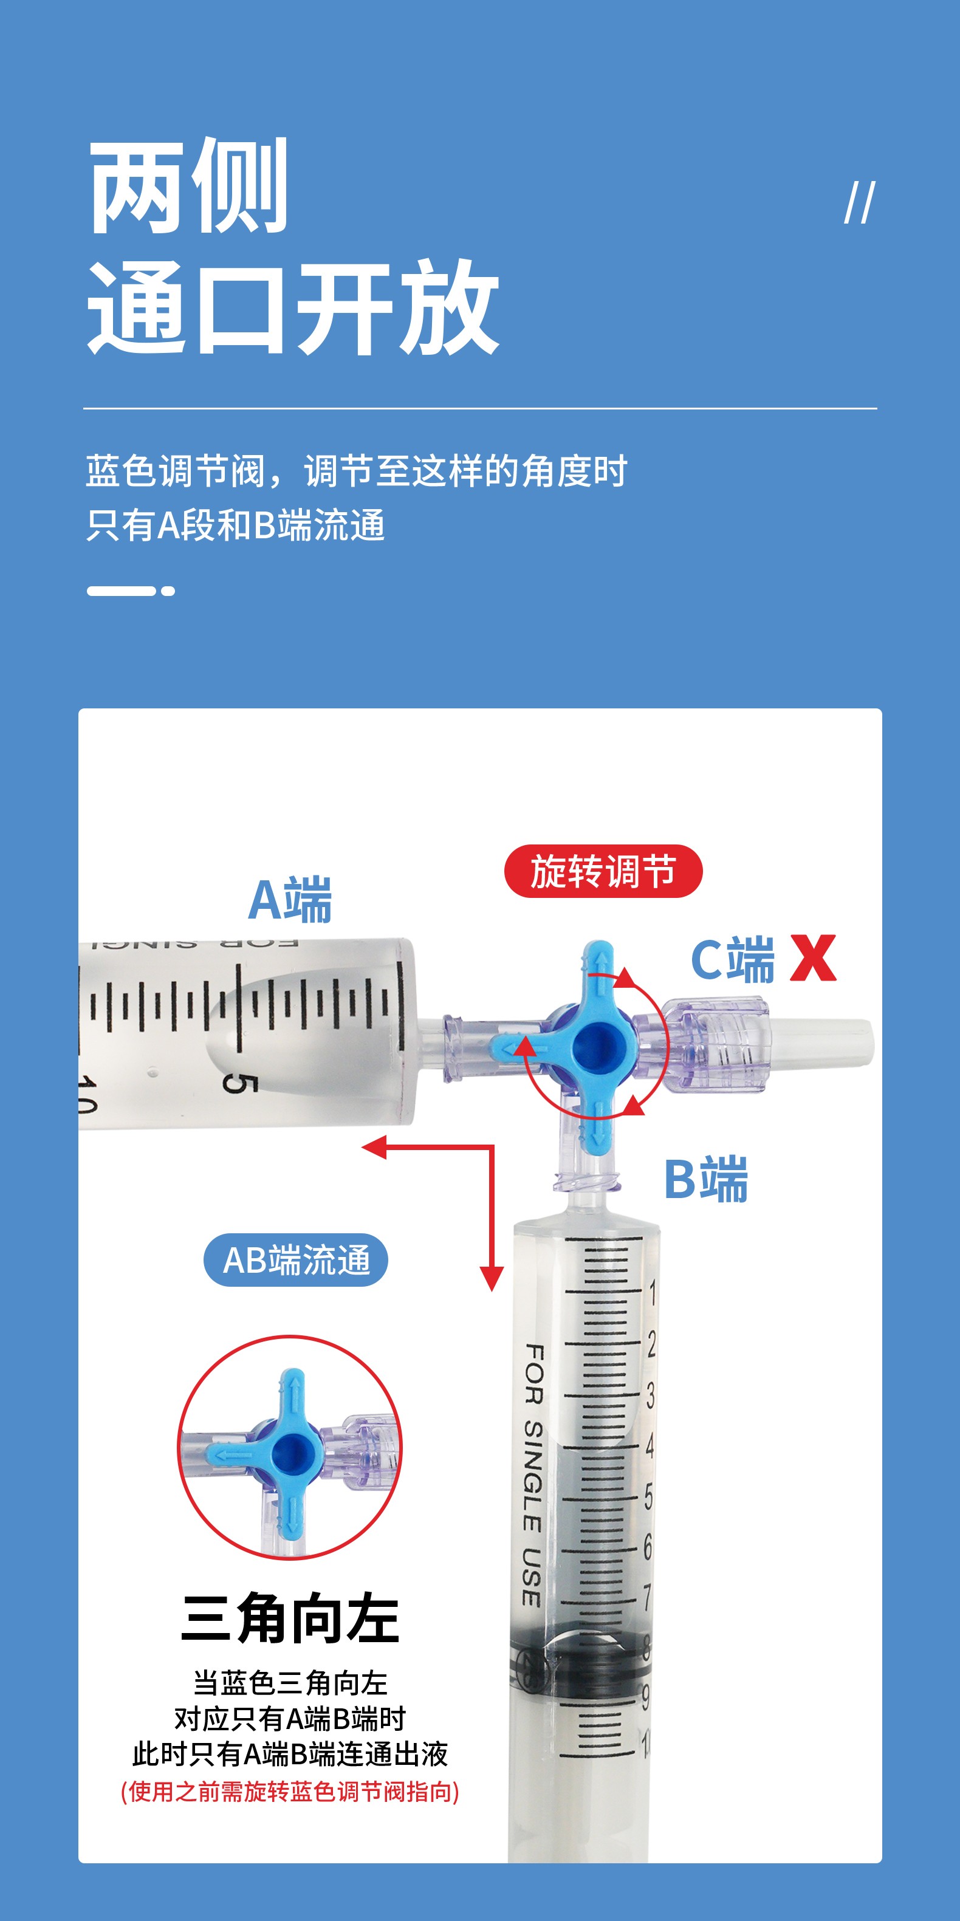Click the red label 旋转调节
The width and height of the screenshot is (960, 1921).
click(x=603, y=871)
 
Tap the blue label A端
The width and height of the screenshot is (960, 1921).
click(x=289, y=900)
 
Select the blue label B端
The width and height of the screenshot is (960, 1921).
click(x=705, y=1179)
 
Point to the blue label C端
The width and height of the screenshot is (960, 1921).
click(x=733, y=959)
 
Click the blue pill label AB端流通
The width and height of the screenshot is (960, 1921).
click(x=296, y=1260)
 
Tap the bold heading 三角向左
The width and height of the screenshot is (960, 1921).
click(x=290, y=1618)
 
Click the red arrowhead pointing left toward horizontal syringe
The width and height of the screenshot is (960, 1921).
click(x=374, y=1147)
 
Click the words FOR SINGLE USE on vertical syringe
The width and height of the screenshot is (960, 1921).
click(x=533, y=1476)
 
